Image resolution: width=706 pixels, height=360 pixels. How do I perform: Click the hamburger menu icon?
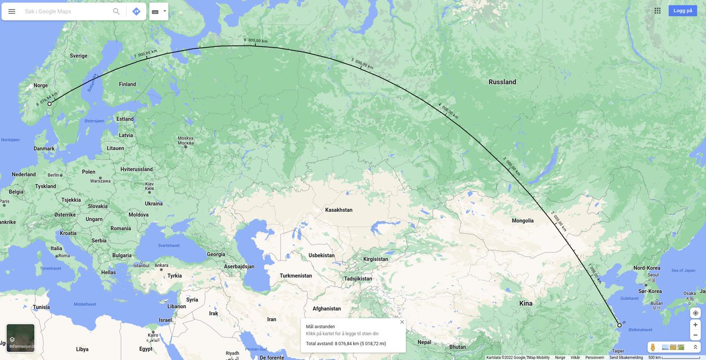[12, 11]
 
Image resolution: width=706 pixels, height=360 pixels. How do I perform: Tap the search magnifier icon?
[116, 11]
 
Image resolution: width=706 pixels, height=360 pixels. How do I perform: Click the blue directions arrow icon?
[136, 11]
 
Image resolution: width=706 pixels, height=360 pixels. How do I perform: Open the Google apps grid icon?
[657, 11]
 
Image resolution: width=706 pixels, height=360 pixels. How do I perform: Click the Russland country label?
[502, 82]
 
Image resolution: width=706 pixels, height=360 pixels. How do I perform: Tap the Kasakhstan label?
[338, 210]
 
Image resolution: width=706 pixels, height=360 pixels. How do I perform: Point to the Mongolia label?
[522, 221]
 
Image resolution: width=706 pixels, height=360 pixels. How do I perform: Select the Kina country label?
[526, 304]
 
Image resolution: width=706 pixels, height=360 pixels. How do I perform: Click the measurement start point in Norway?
[49, 104]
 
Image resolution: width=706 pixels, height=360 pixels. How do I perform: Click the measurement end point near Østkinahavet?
[620, 325]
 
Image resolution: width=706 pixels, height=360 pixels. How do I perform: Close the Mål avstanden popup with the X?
[402, 322]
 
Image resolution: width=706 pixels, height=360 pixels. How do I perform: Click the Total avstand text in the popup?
[346, 344]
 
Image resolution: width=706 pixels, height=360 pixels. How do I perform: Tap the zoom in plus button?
[695, 325]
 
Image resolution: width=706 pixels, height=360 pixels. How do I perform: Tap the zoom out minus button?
[695, 335]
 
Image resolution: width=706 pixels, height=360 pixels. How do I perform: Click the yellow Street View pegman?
[652, 348]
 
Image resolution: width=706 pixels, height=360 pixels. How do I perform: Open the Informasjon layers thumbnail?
[21, 338]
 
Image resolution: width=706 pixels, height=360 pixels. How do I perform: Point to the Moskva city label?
[185, 141]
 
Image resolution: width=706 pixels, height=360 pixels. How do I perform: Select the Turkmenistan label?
[295, 275]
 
